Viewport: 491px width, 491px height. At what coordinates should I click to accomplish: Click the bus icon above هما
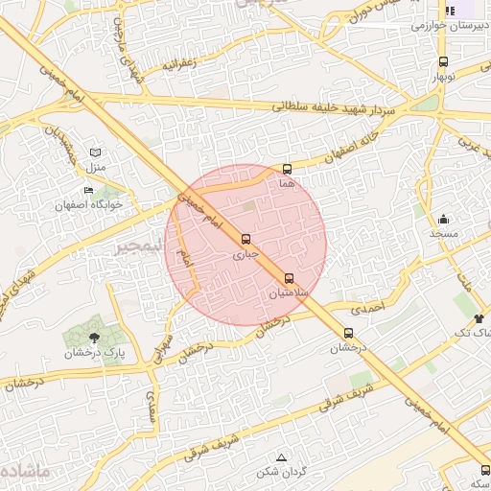(x=287, y=169)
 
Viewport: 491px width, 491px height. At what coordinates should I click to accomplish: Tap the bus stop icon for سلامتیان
(x=290, y=279)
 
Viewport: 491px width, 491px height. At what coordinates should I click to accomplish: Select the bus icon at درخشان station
(x=348, y=334)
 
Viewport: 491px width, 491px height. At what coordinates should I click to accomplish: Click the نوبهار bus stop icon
(x=443, y=61)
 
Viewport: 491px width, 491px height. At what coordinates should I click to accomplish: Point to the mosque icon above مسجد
(x=443, y=220)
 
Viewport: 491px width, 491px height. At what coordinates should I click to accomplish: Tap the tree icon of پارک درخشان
(x=94, y=338)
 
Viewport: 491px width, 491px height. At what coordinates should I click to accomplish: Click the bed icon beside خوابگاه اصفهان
(x=88, y=191)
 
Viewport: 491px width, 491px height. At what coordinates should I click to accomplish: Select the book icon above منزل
(x=94, y=152)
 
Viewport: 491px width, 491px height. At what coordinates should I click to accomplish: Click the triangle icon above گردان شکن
(x=281, y=457)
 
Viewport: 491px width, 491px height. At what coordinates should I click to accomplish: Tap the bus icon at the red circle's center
(x=245, y=239)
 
